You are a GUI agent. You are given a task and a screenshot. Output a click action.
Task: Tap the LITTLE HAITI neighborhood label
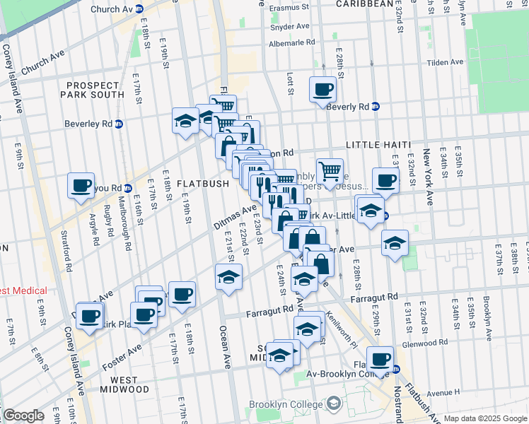378,144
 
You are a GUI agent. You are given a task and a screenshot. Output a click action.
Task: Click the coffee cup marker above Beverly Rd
323,90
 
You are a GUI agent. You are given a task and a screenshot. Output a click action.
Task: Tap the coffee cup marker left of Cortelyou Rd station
81,186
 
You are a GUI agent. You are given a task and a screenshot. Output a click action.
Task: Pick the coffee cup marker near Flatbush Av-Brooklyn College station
380,360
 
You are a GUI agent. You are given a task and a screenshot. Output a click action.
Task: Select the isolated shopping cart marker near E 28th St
330,170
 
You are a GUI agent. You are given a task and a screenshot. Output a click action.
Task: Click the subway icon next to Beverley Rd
119,123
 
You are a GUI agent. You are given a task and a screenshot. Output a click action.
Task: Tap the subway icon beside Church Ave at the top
139,9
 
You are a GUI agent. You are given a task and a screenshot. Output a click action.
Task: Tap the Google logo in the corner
23,416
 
